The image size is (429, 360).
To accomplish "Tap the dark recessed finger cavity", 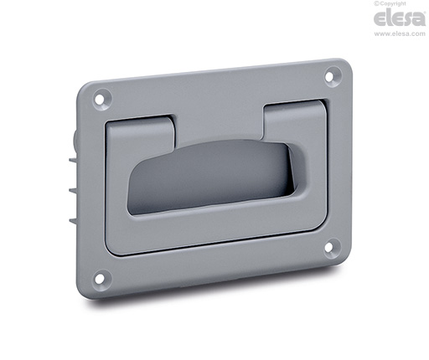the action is [208, 177].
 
